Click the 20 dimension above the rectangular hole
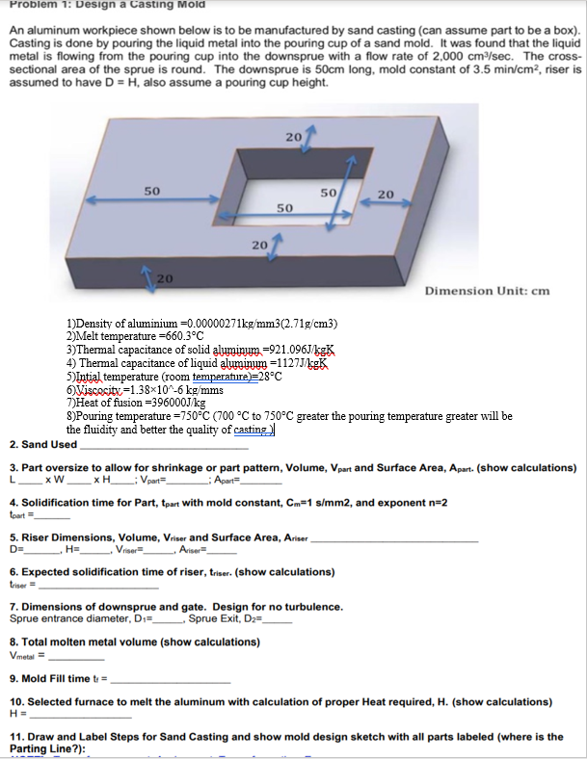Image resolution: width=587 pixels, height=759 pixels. (x=293, y=139)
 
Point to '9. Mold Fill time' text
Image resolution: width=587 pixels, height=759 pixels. (x=58, y=677)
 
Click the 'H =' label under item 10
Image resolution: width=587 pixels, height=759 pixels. (x=16, y=715)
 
